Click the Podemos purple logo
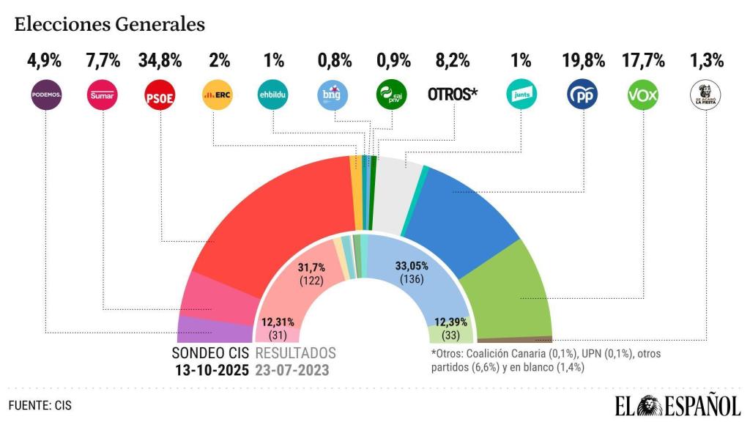point(45,95)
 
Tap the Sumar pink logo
point(103,95)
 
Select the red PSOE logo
point(160,95)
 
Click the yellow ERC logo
point(217,95)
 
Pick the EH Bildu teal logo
point(274,95)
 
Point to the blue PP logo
point(583,95)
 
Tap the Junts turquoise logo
point(522,95)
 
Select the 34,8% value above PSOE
point(160,60)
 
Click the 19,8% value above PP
point(583,60)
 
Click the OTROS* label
point(453,95)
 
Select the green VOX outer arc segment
point(513,293)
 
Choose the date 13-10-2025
point(212,369)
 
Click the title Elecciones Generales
point(109,24)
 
